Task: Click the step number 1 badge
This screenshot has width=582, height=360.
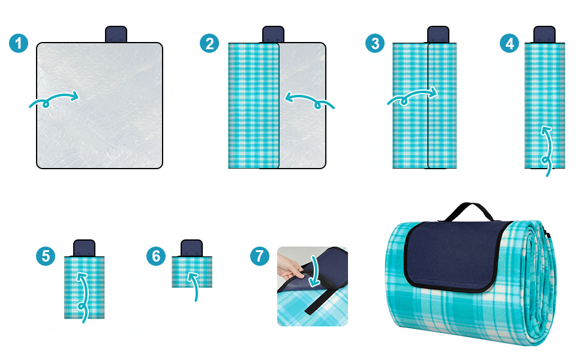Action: point(19,43)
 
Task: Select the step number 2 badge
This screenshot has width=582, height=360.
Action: point(209,43)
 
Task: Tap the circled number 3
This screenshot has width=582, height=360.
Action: point(375,43)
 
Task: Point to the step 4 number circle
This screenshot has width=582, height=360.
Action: point(509,43)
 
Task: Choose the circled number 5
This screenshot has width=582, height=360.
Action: point(46,256)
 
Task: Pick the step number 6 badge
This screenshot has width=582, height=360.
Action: point(156,256)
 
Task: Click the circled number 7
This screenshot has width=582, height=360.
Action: point(259,256)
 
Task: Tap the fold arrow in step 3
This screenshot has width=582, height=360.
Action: point(412,97)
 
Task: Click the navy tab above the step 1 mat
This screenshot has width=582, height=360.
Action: point(116,34)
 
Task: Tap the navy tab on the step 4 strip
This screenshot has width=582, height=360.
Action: point(545,35)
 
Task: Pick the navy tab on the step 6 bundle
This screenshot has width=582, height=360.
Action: point(191,248)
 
